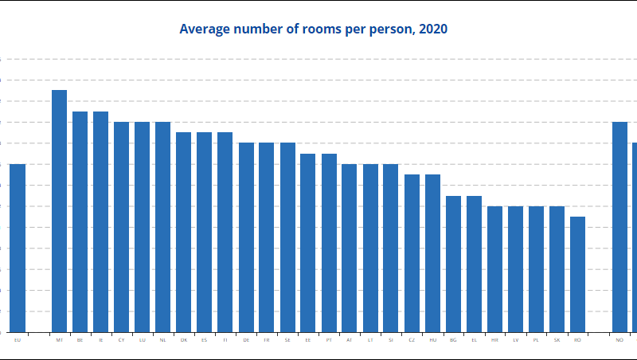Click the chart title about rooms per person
coord(313,29)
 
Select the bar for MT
coord(59,211)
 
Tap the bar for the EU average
coord(18,248)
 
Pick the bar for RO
coord(577,274)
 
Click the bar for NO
coord(619,227)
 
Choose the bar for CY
coord(121,227)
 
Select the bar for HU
coord(432,253)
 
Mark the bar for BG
coord(453,264)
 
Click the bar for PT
coord(329,243)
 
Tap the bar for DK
coord(184,232)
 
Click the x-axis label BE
coord(80,340)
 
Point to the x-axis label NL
coord(162,340)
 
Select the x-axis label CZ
coord(412,340)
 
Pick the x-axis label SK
coord(557,340)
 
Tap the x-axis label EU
coord(18,340)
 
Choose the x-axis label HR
coord(494,340)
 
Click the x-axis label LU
coord(142,340)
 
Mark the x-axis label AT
coord(350,340)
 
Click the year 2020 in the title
coord(432,29)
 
